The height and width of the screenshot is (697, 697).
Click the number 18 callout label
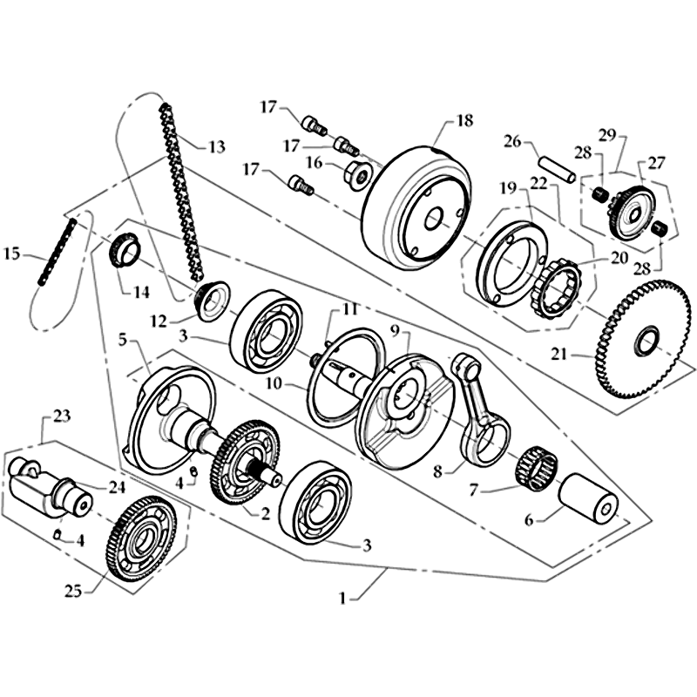pyautogui.click(x=464, y=121)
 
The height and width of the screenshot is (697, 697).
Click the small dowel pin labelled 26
pyautogui.click(x=555, y=169)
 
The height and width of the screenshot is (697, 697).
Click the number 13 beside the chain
pyautogui.click(x=215, y=145)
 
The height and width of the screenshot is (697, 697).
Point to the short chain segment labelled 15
pyautogui.click(x=54, y=258)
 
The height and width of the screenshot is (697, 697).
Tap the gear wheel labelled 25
pyautogui.click(x=140, y=539)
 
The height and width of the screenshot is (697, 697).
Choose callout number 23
pyautogui.click(x=61, y=416)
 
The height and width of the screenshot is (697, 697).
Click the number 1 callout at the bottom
pyautogui.click(x=342, y=599)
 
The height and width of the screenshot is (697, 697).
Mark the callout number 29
pyautogui.click(x=606, y=134)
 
